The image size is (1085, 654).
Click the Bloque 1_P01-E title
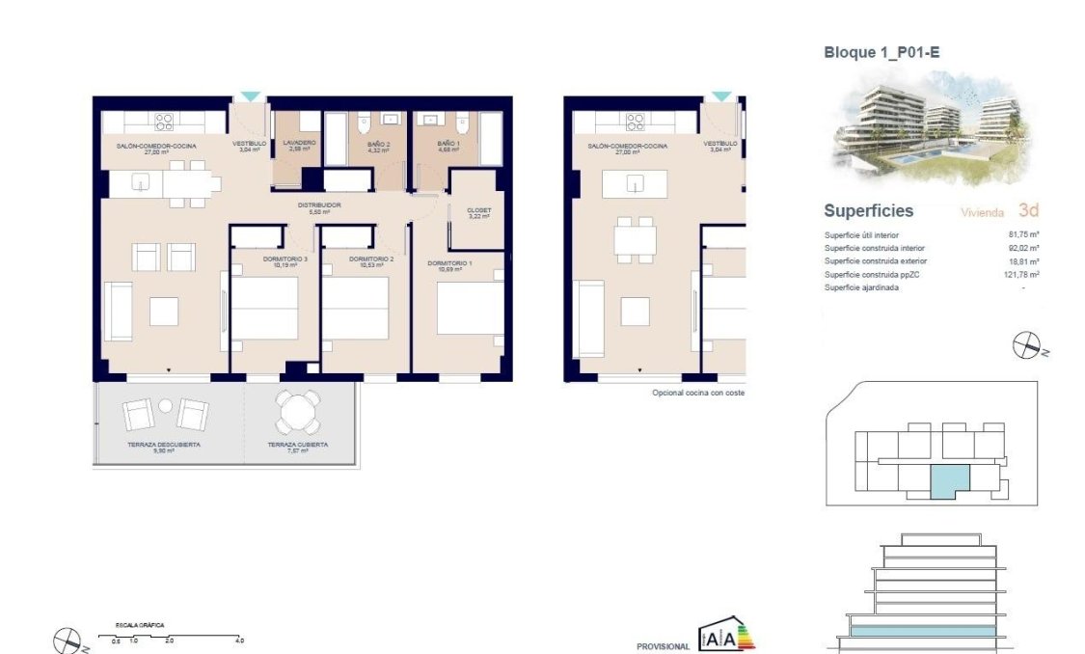click(881, 53)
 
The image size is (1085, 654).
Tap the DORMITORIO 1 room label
click(450, 263)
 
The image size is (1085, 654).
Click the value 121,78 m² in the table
click(1020, 275)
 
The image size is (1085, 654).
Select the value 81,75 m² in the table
click(1022, 234)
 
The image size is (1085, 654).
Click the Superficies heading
click(868, 211)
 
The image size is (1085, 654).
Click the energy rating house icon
click(723, 635)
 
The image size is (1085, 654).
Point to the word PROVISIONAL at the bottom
click(663, 646)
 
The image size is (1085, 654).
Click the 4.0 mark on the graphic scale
click(239, 640)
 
